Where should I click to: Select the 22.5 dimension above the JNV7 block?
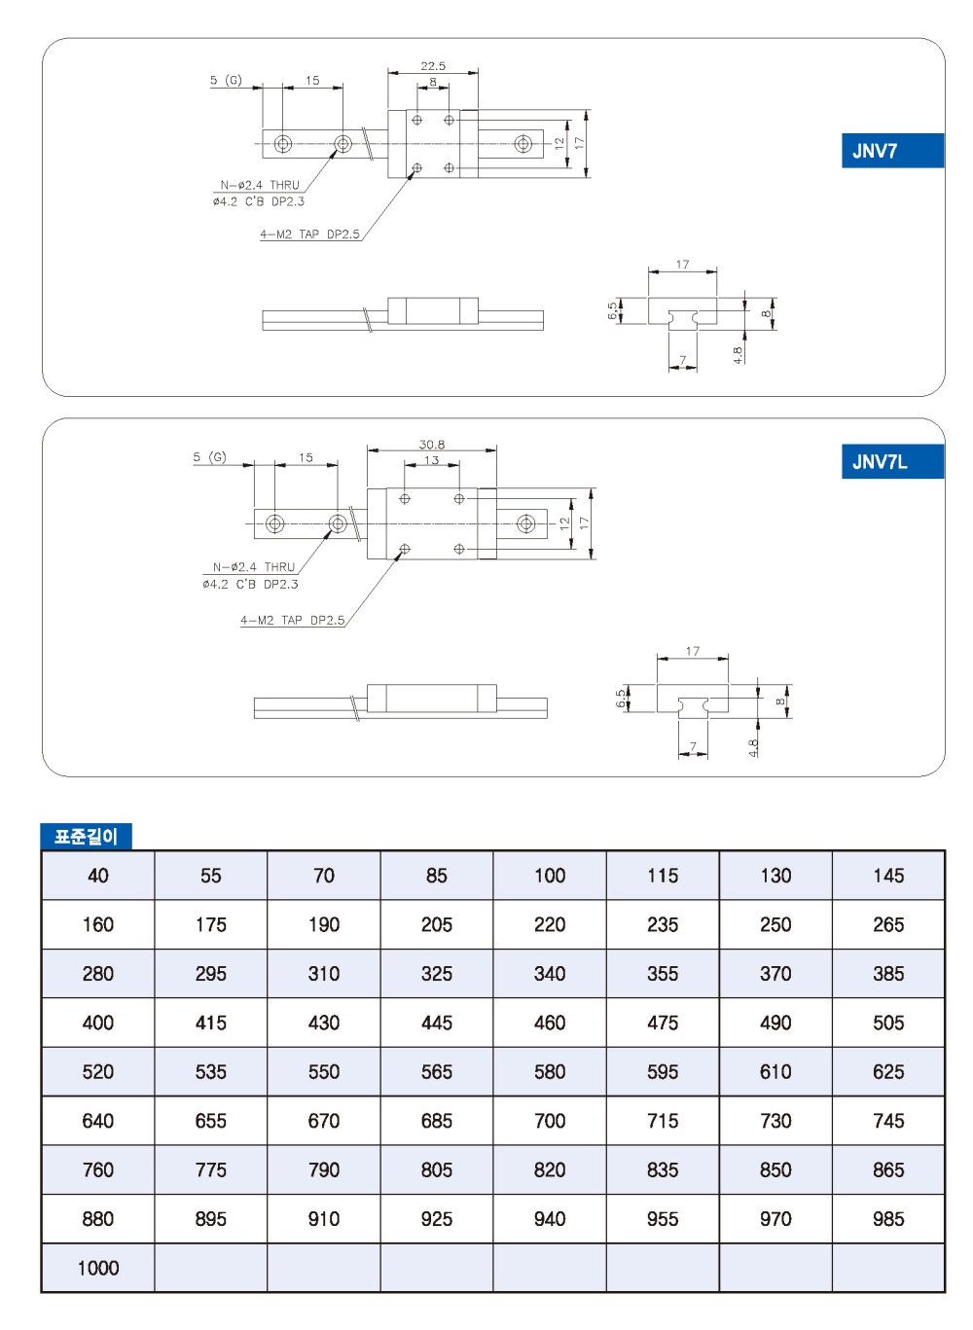pyautogui.click(x=433, y=66)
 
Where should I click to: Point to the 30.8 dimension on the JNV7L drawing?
pyautogui.click(x=432, y=445)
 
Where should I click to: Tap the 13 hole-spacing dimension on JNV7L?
pyautogui.click(x=431, y=460)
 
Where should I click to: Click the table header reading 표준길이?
pyautogui.click(x=86, y=837)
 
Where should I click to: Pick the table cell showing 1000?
pyautogui.click(x=98, y=1268)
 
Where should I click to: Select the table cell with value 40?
pyautogui.click(x=98, y=876)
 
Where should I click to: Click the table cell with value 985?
pyautogui.click(x=888, y=1219)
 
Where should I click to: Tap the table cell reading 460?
pyautogui.click(x=550, y=1023)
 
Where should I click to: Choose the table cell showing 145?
pyautogui.click(x=888, y=876)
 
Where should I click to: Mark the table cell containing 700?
pyautogui.click(x=550, y=1121)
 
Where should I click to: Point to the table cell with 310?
pyautogui.click(x=324, y=974)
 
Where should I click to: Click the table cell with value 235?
pyautogui.click(x=663, y=924)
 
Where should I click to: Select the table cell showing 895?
pyautogui.click(x=211, y=1219)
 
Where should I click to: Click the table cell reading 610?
pyautogui.click(x=775, y=1072)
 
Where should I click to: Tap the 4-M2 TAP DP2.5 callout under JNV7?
pyautogui.click(x=309, y=234)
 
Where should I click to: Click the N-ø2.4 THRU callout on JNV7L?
pyautogui.click(x=254, y=567)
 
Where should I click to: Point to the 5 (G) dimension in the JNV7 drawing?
pyautogui.click(x=226, y=80)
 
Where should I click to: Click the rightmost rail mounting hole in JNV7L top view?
pyautogui.click(x=526, y=524)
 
